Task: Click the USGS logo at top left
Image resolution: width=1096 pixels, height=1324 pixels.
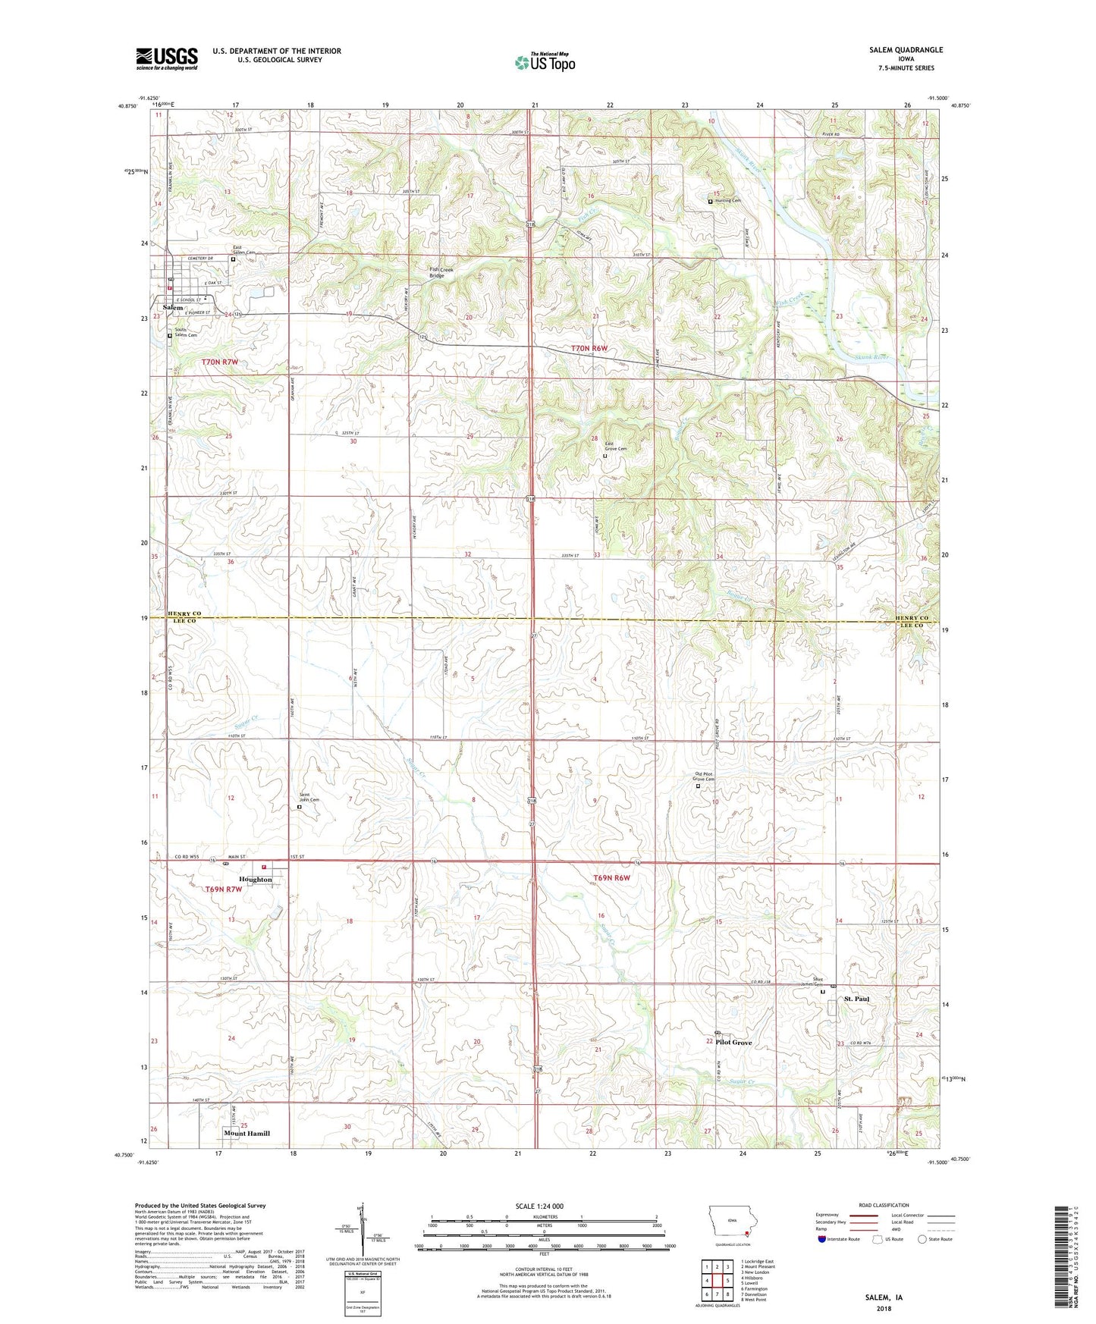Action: pyautogui.click(x=166, y=58)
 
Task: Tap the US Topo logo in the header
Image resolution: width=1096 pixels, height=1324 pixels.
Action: pyautogui.click(x=544, y=62)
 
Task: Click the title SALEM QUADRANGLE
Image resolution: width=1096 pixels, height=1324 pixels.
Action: pyautogui.click(x=906, y=50)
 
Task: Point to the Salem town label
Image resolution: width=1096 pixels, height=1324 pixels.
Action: pyautogui.click(x=173, y=307)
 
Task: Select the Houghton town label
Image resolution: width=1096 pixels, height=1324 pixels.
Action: pyautogui.click(x=255, y=880)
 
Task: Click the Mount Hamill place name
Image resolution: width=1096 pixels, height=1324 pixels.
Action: pyautogui.click(x=247, y=1133)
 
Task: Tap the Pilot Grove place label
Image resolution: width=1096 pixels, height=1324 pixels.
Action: pyautogui.click(x=733, y=1043)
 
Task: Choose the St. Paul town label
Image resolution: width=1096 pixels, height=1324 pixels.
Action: pyautogui.click(x=856, y=999)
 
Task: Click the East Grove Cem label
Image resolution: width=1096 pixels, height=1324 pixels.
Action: pyautogui.click(x=615, y=447)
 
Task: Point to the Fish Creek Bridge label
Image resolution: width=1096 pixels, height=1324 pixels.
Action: pyautogui.click(x=447, y=272)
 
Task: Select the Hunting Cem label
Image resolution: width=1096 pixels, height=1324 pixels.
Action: pyautogui.click(x=727, y=201)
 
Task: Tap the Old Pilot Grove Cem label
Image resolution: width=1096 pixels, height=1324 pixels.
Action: pyautogui.click(x=704, y=777)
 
